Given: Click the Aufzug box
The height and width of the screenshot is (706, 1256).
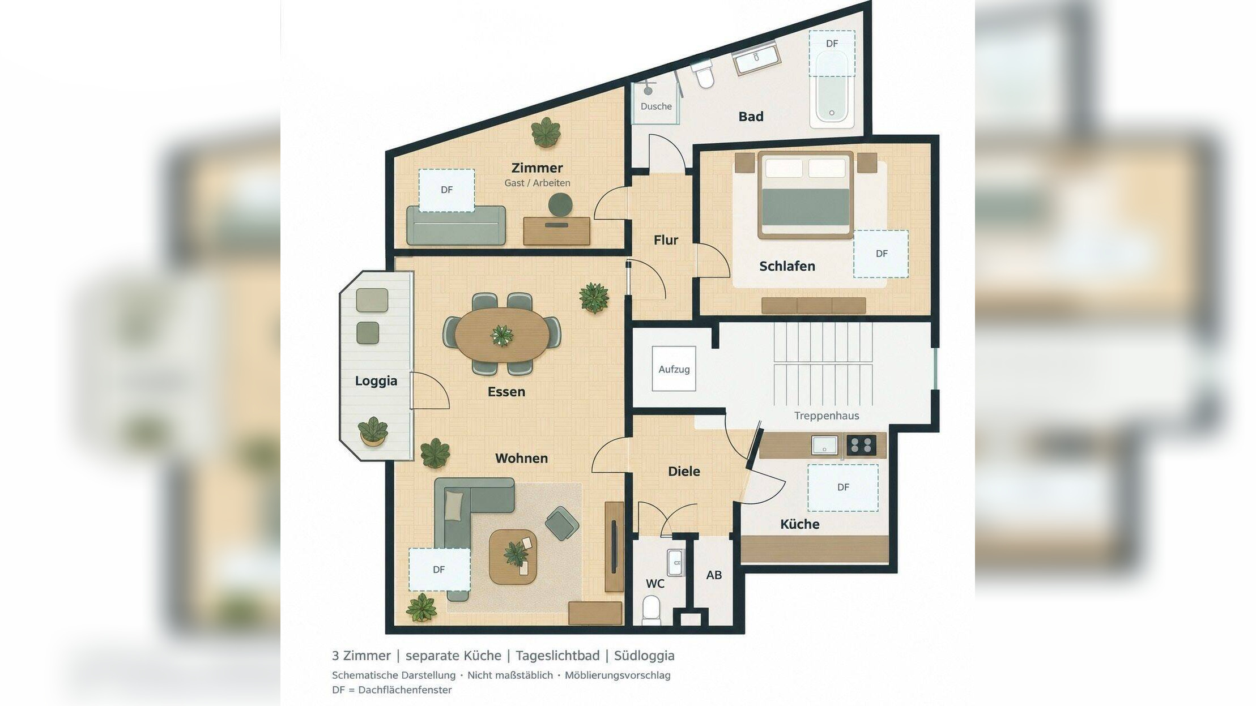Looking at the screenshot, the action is [674, 369].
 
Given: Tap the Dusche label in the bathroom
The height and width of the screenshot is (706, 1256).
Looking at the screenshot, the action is [656, 106].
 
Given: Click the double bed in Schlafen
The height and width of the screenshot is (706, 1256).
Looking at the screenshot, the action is [805, 194].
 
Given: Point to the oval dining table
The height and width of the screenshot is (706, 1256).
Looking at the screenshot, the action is [502, 335].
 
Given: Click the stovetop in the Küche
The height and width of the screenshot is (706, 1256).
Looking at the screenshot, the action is [861, 446].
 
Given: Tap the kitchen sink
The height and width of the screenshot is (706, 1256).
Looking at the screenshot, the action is [824, 445].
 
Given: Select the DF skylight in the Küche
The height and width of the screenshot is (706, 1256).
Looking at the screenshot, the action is [843, 487].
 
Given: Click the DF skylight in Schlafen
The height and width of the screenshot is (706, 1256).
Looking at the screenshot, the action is [881, 254].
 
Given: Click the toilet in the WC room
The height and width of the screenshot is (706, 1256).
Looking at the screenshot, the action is [652, 610].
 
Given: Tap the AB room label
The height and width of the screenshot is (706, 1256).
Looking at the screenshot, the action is [714, 575].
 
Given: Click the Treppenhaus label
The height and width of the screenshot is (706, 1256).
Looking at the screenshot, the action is [827, 416].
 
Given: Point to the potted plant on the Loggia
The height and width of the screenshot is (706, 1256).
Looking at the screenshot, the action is [373, 431].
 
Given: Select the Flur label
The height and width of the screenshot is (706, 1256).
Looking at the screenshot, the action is [666, 240].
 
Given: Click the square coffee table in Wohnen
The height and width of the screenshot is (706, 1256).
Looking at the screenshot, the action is [513, 557].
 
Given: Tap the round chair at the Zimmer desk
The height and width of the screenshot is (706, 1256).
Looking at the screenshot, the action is [560, 204].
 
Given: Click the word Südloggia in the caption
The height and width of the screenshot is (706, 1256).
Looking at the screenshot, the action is [644, 656].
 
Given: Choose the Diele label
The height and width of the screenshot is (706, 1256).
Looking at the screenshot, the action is [684, 471].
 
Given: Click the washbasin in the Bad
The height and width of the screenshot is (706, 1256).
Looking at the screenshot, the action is [757, 59].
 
